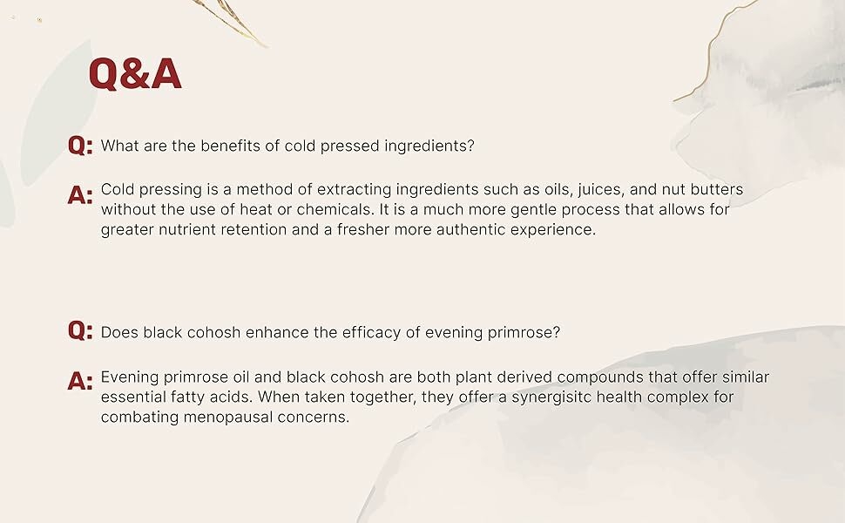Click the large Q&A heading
[135, 73]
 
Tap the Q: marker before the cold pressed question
[80, 146]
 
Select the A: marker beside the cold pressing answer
[80, 194]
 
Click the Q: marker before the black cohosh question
[80, 330]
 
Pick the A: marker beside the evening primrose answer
[80, 381]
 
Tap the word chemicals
[335, 209]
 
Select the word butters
[717, 189]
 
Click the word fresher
[364, 229]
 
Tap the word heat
[256, 209]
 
